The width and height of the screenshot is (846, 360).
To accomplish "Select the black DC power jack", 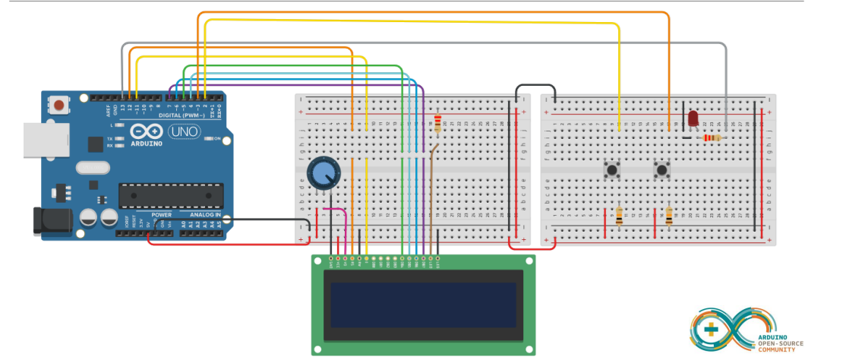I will [46, 220].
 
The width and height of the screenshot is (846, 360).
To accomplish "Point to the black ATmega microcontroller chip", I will [171, 195].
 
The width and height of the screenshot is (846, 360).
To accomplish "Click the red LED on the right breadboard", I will [693, 118].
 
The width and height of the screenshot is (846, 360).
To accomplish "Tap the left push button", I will [611, 169].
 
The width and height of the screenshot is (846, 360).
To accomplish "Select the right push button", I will [662, 169].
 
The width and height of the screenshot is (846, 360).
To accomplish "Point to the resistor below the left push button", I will [619, 216].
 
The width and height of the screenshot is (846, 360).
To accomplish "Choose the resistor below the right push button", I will [669, 216].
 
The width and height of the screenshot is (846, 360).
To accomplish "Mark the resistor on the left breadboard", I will [437, 124].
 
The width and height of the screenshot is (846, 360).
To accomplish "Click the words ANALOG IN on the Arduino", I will [200, 215].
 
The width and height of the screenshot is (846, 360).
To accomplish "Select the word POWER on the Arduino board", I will [161, 215].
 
